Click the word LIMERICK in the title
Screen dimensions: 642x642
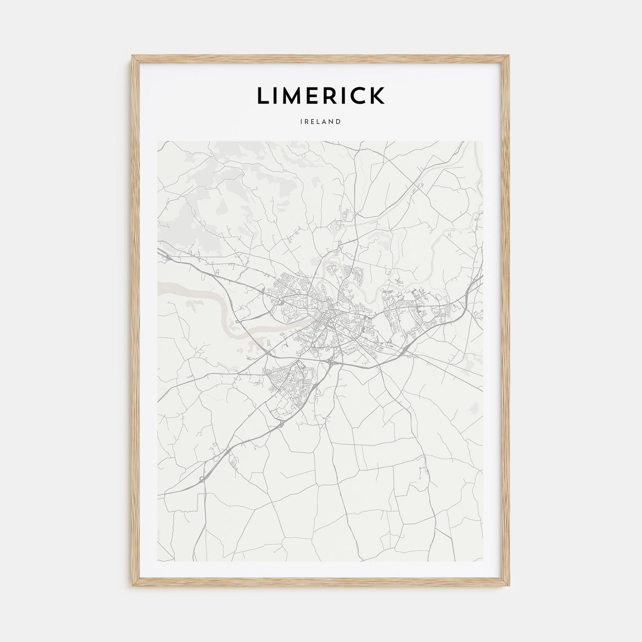pos(321,96)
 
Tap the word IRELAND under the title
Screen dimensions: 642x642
pos(321,122)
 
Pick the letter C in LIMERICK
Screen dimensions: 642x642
pos(359,96)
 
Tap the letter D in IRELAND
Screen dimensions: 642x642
pos(338,122)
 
